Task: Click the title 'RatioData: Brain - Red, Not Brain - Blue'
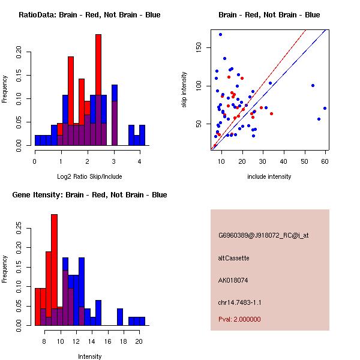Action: [x=89, y=15]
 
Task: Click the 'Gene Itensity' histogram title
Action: [x=89, y=195]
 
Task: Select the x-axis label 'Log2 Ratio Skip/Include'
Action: [x=89, y=176]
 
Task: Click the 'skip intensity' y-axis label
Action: [x=185, y=90]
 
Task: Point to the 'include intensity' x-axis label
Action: [x=269, y=176]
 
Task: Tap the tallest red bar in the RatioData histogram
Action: [x=98, y=90]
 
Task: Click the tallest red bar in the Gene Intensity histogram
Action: [x=55, y=270]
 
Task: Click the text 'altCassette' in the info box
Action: [x=233, y=258]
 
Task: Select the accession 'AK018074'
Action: [x=232, y=280]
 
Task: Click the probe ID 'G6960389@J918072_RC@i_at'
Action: [x=263, y=236]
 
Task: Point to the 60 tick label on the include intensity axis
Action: [x=325, y=161]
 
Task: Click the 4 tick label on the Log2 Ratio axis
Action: [x=140, y=161]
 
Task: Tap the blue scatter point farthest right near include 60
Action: [x=325, y=109]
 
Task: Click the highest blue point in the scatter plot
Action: [x=220, y=34]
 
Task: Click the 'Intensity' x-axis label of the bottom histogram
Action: [x=89, y=356]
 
